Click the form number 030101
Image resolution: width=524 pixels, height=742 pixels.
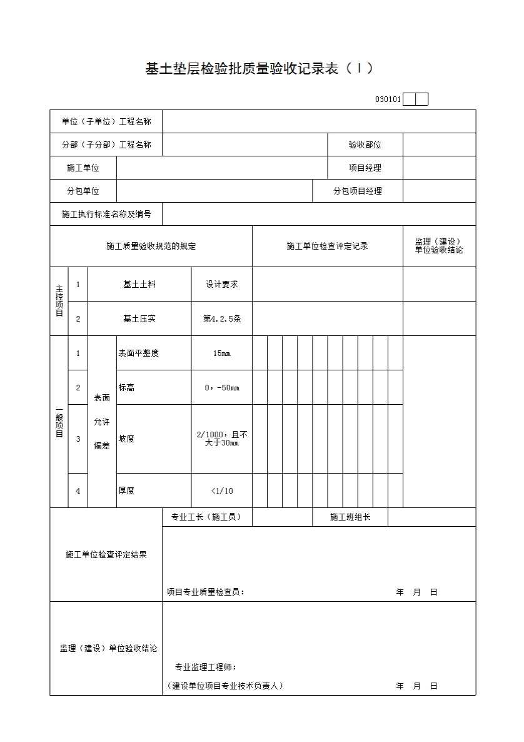(388, 99)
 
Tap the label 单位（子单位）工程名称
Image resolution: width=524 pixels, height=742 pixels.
(106, 121)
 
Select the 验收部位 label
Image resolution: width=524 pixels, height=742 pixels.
(365, 145)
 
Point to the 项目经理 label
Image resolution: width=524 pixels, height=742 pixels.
(365, 168)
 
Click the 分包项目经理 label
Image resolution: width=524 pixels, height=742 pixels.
(357, 191)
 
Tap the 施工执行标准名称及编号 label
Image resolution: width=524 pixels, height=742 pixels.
(106, 214)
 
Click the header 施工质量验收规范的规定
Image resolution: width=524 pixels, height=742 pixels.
(151, 246)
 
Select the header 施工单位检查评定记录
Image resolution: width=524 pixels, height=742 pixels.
(327, 246)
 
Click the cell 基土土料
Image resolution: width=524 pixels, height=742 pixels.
(139, 284)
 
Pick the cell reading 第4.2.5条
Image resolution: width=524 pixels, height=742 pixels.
(221, 318)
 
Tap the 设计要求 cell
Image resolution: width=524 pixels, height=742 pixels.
(221, 284)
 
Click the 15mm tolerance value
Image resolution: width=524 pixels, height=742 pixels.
(221, 353)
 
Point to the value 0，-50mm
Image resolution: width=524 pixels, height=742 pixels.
(221, 388)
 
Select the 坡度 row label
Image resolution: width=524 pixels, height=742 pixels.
(126, 439)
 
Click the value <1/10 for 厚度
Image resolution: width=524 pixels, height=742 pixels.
(221, 491)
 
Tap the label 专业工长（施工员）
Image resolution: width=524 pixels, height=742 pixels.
(206, 517)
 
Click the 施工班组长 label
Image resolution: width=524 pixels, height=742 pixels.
(350, 517)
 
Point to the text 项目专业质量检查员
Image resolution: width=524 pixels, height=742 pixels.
(205, 592)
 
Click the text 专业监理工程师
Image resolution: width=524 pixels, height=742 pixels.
(205, 667)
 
